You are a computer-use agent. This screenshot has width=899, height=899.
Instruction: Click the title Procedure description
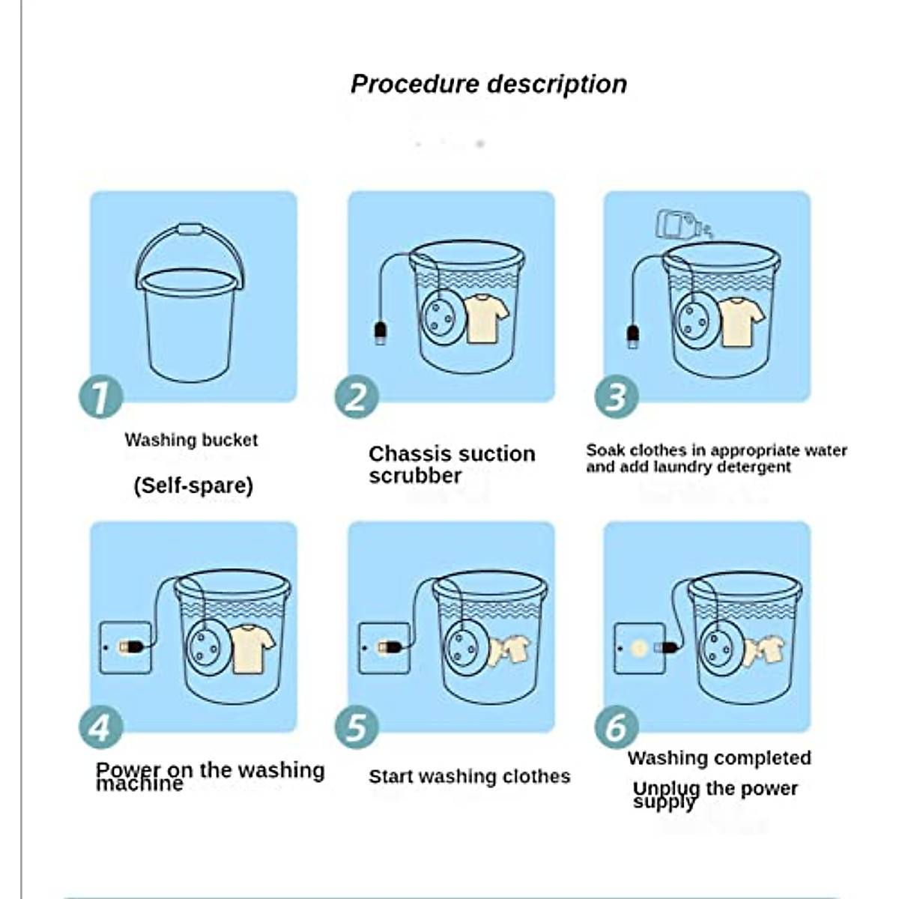[488, 85]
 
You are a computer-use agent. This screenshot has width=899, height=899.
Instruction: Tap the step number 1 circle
[101, 396]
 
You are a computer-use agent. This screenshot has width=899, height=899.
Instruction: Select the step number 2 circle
[357, 396]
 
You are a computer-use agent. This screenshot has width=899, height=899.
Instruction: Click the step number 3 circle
[616, 396]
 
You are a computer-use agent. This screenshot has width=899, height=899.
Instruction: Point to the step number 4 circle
[101, 727]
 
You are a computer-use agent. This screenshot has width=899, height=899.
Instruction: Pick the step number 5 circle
[357, 727]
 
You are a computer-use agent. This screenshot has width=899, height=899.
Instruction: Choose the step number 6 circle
[616, 727]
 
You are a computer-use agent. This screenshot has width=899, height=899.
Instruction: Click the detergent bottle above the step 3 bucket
[683, 225]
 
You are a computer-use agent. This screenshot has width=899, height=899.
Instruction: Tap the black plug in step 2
[381, 333]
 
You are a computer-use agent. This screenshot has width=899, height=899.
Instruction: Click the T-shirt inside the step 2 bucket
[485, 318]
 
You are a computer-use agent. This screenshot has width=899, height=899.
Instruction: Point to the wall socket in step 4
[126, 647]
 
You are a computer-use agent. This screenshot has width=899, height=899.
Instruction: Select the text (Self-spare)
[193, 485]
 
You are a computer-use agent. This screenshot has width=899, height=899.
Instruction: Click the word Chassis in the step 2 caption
[402, 454]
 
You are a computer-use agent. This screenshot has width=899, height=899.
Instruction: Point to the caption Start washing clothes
[469, 777]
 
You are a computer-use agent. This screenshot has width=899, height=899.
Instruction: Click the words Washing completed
[719, 758]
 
